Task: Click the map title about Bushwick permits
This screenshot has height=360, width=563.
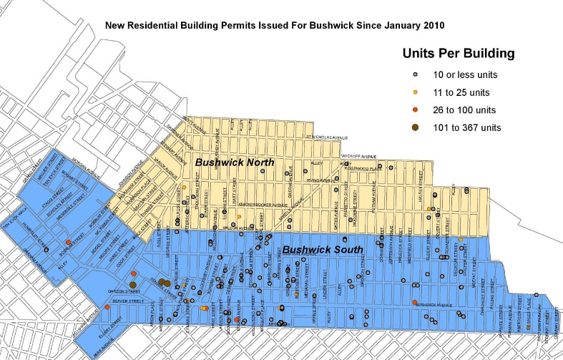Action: coord(275,25)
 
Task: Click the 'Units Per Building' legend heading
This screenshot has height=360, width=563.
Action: coord(458,53)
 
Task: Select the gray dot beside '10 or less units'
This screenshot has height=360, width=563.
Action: coord(416,74)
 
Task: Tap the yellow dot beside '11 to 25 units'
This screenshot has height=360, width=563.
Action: coord(416,92)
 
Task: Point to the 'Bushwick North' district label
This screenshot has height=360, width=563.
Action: coord(235,162)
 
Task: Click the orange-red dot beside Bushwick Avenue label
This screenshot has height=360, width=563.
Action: coord(415,302)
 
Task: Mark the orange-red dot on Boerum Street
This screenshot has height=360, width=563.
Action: coord(68,243)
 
